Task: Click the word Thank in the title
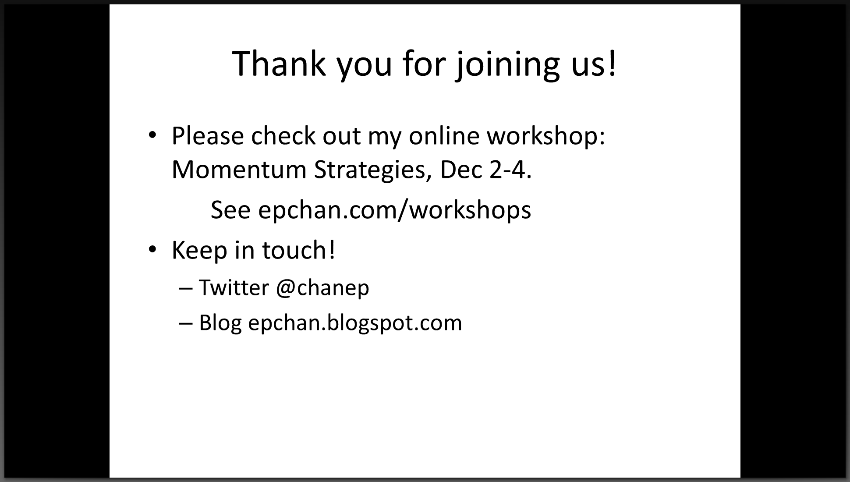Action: (279, 64)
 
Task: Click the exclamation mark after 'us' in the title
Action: (612, 64)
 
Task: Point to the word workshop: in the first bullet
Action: (546, 136)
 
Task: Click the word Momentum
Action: (239, 170)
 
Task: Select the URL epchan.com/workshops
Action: (395, 210)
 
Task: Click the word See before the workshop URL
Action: (230, 210)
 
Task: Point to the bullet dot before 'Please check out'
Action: (152, 135)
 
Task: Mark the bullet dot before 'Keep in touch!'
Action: (152, 250)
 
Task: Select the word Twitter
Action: (234, 288)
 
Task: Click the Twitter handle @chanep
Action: (323, 289)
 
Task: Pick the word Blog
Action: (220, 323)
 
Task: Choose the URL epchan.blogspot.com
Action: (355, 323)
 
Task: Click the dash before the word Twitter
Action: (186, 289)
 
